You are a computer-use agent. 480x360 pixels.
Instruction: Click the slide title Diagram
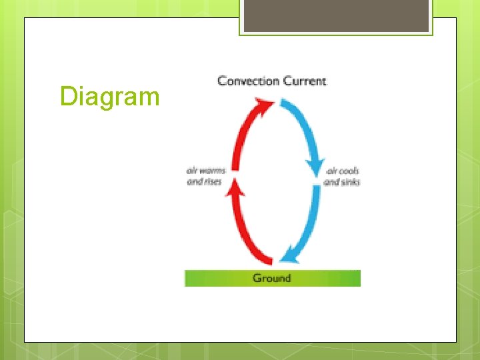(x=109, y=97)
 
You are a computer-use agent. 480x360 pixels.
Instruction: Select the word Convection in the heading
(x=248, y=81)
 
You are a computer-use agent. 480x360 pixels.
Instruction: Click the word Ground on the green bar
(x=272, y=278)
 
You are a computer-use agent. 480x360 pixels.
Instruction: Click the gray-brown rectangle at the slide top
(x=336, y=17)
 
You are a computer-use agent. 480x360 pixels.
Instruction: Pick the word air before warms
(x=192, y=171)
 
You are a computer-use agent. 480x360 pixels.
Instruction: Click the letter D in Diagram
(x=67, y=97)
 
